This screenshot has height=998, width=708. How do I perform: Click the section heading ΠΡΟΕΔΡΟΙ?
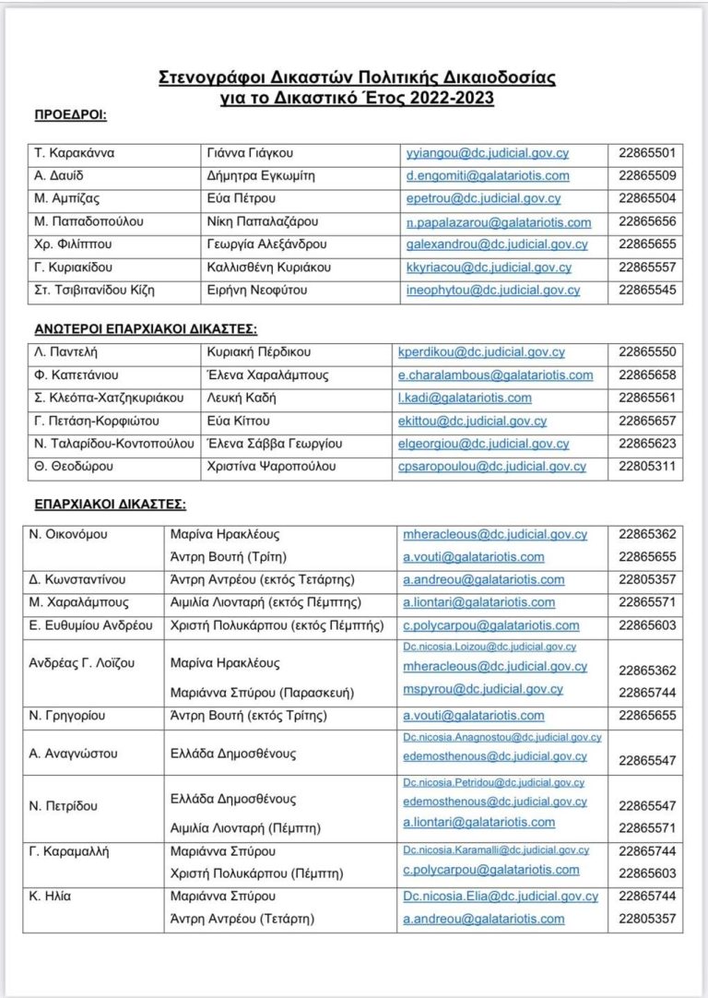point(70,115)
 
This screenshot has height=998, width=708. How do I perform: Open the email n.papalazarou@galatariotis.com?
point(499,222)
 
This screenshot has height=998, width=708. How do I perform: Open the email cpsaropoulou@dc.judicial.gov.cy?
point(492,467)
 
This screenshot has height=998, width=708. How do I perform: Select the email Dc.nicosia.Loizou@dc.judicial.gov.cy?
point(490,648)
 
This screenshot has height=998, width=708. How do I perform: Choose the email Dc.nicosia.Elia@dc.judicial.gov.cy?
point(500,896)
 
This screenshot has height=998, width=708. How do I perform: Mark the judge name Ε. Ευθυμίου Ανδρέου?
point(92,625)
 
